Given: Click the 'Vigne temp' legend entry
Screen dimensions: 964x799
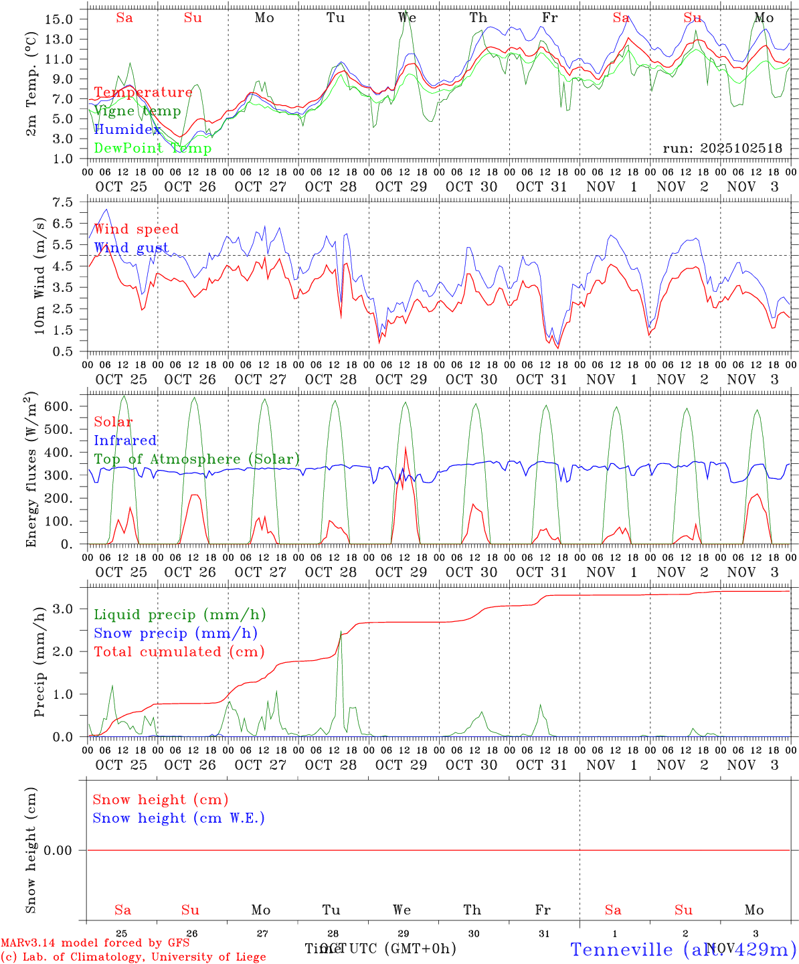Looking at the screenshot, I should point(137,111).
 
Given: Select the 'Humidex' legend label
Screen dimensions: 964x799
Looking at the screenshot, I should point(127,129).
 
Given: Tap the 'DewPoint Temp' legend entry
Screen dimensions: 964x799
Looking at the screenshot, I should point(153,148).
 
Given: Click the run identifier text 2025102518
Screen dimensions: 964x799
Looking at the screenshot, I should point(722,149).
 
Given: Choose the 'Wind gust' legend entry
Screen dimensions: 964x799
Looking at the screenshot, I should point(131,248).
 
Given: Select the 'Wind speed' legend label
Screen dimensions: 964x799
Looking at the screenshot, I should point(137,229).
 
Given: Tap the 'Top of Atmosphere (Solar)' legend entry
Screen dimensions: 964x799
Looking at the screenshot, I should point(197,459).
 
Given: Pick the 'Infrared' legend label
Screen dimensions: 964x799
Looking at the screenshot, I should point(125,440).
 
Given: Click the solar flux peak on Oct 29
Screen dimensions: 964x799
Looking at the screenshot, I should point(406,449).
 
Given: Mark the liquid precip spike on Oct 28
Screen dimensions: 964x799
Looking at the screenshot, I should point(341,632).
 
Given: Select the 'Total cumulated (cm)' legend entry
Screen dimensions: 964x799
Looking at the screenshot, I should point(179,651).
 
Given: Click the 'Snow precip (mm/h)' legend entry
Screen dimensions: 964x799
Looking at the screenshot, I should point(175,633).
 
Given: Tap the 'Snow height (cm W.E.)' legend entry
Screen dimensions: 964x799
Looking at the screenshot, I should point(179,818).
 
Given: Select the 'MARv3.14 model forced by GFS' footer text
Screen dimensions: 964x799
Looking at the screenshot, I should point(95,943).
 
